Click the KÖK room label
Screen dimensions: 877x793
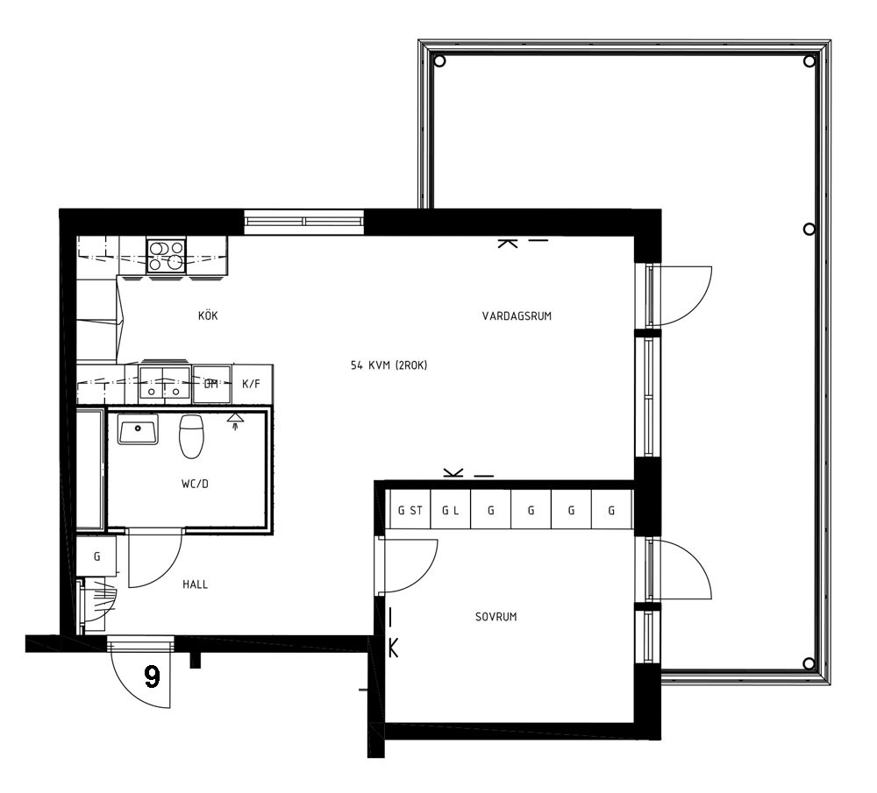point(208,315)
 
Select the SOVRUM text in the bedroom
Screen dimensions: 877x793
point(496,617)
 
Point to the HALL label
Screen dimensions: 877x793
point(196,584)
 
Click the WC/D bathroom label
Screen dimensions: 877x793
point(195,484)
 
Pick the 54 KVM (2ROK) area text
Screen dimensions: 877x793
point(389,365)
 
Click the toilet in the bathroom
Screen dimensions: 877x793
point(191,435)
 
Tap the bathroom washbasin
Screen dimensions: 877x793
point(138,429)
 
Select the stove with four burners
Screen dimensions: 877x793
point(166,255)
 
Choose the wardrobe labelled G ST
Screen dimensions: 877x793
point(410,509)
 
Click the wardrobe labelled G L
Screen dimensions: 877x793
point(451,509)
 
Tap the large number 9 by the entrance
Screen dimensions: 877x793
point(152,676)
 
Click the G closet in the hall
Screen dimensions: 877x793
point(96,556)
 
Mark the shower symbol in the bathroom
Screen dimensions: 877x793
point(235,421)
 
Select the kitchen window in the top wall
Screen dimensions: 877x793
point(305,222)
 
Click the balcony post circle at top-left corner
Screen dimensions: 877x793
point(439,61)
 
